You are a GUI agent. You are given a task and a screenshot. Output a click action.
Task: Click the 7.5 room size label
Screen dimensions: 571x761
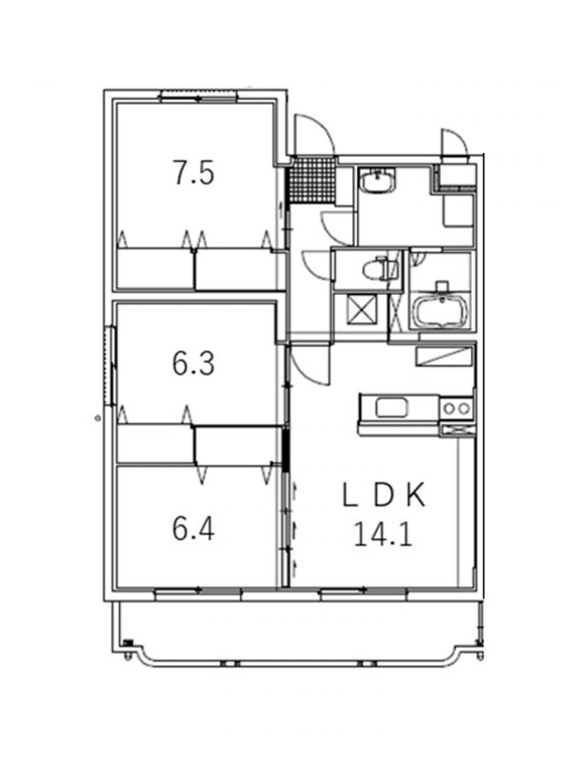pyautogui.click(x=194, y=173)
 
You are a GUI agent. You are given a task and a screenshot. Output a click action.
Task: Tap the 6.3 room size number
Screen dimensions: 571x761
pyautogui.click(x=193, y=363)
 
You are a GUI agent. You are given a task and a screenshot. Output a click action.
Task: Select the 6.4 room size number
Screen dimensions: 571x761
pyautogui.click(x=193, y=529)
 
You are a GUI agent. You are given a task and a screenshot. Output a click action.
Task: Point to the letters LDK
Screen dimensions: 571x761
pyautogui.click(x=384, y=496)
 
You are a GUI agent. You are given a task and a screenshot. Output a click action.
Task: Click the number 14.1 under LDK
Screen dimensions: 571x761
pyautogui.click(x=384, y=535)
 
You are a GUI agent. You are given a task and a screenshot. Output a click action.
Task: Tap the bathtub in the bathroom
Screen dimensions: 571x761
pyautogui.click(x=441, y=312)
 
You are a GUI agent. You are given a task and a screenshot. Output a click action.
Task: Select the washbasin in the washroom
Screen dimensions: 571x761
pyautogui.click(x=377, y=182)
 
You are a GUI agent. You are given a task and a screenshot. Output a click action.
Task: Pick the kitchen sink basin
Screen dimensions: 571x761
pyautogui.click(x=392, y=408)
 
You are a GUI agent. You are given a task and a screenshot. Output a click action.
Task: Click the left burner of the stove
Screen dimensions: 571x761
pyautogui.click(x=449, y=409)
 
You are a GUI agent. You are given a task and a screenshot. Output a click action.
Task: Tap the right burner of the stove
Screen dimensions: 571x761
pyautogui.click(x=464, y=409)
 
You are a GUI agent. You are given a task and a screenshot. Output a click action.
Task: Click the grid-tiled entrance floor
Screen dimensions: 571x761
pyautogui.click(x=311, y=179)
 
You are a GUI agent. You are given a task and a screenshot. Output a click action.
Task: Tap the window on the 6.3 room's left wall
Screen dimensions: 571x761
pyautogui.click(x=109, y=366)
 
